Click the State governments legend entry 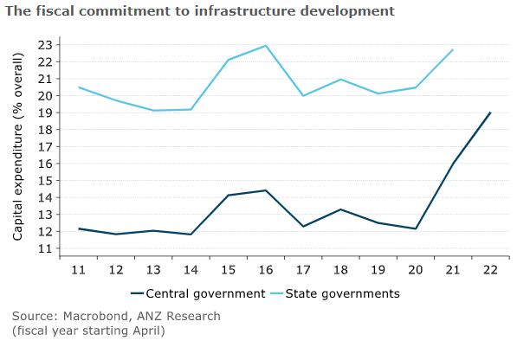tap(343, 293)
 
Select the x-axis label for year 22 tap(490, 270)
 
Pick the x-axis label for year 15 tap(229, 270)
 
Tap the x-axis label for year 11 tap(79, 270)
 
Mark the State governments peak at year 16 tap(266, 46)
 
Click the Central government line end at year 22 tap(490, 112)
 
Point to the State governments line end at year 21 tap(453, 50)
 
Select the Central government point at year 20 tap(416, 228)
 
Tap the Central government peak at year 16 tap(266, 190)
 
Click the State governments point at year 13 tap(153, 110)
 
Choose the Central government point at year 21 tap(453, 164)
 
